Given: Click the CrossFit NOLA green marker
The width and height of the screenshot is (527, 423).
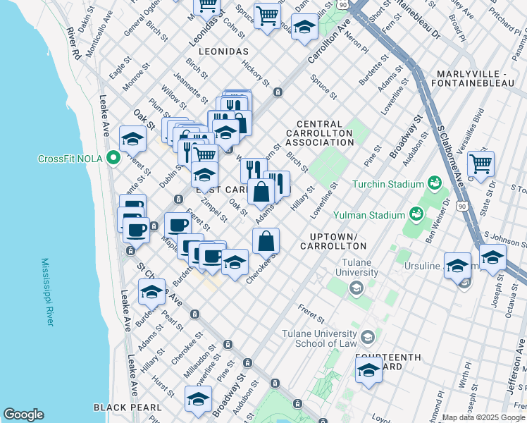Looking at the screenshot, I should click(113, 159).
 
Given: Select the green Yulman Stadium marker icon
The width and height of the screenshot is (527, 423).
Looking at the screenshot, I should click(417, 213).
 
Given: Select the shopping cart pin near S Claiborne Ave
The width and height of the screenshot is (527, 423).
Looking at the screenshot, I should click(480, 164).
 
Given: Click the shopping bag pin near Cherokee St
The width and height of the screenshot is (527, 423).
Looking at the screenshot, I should click(266, 241).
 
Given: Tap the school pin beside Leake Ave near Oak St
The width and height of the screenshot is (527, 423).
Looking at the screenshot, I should click(132, 140).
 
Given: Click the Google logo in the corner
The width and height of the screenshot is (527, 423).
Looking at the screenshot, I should click(23, 415).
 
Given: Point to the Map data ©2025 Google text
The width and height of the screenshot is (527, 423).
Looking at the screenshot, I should click(483, 417).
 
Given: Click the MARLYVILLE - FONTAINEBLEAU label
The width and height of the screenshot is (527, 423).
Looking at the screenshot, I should click(478, 80).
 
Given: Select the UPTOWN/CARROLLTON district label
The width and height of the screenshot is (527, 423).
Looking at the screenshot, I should click(333, 240).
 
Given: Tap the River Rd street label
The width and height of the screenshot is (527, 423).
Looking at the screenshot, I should click(74, 44).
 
